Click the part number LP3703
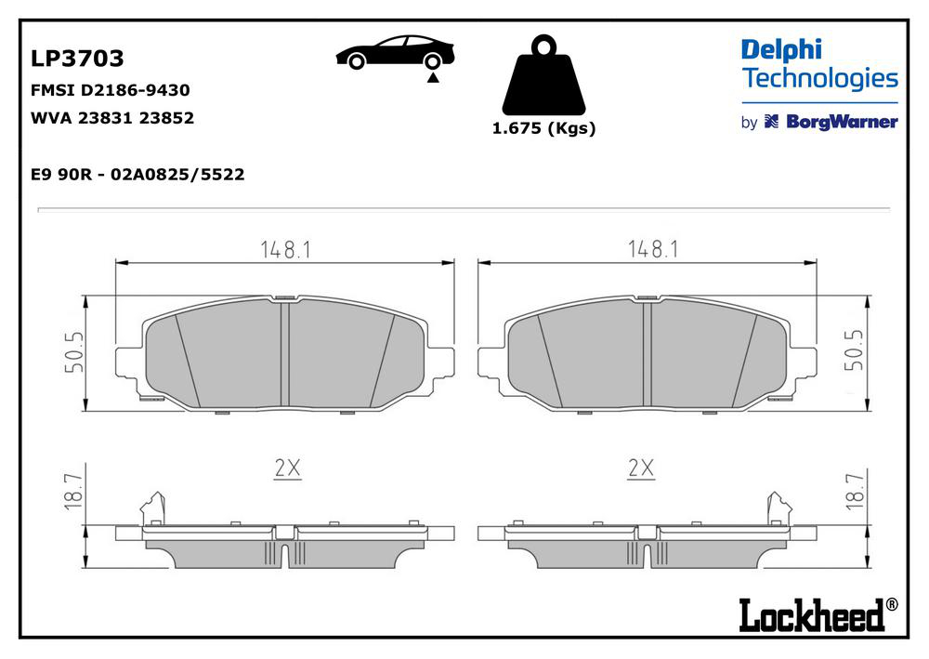[77, 58]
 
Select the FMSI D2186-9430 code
[111, 90]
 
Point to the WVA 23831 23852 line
[112, 118]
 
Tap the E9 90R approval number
[137, 174]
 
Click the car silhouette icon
[395, 51]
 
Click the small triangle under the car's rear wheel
[433, 78]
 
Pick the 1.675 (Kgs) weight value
[543, 128]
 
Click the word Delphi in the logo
[781, 51]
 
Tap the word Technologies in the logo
[820, 79]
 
